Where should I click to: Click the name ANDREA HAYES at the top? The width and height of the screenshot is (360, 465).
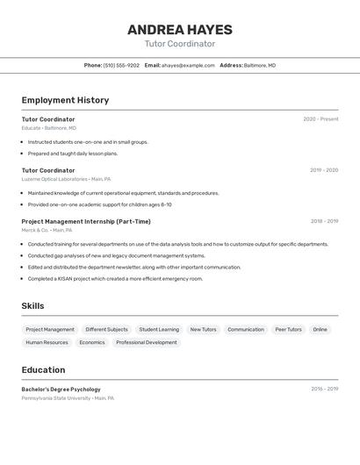[179, 29]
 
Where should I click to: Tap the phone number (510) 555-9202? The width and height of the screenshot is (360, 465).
[121, 65]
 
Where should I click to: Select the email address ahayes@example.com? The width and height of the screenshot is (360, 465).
[188, 65]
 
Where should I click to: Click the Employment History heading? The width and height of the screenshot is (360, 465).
[65, 100]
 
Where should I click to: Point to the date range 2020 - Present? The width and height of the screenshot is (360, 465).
[320, 119]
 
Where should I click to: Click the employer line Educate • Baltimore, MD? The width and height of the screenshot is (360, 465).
[49, 128]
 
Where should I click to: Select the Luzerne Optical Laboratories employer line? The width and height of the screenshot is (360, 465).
[67, 179]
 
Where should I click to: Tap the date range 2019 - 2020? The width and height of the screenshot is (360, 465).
[324, 170]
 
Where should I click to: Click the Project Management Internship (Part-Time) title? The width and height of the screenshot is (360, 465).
[86, 221]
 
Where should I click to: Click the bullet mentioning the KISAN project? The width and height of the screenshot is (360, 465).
[115, 278]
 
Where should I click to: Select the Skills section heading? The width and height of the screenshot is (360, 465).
[32, 306]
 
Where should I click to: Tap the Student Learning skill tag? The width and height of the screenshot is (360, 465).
[159, 329]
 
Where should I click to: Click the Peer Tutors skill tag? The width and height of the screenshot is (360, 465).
[288, 329]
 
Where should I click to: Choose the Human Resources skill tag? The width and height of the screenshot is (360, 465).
[47, 342]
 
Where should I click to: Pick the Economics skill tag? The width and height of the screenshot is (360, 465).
[92, 342]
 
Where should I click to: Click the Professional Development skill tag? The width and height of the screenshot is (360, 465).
[147, 342]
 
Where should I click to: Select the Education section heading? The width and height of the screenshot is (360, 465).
[43, 369]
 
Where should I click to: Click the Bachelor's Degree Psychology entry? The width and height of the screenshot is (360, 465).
[61, 389]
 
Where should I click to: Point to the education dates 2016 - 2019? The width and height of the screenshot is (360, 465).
[324, 389]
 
